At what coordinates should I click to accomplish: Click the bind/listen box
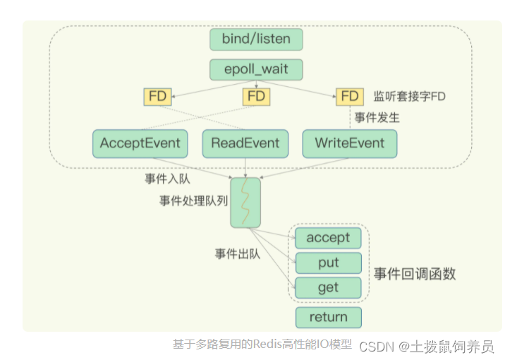click(x=256, y=39)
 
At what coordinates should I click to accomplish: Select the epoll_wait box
click(x=256, y=70)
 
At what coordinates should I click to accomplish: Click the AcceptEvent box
click(x=140, y=143)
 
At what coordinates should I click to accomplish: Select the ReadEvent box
click(x=245, y=143)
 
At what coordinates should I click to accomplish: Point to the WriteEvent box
click(x=349, y=143)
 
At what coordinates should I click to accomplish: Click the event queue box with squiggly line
click(x=245, y=203)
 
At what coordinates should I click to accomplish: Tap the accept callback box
click(x=328, y=238)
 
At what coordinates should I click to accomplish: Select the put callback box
click(x=328, y=263)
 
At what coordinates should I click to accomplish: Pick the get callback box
click(x=328, y=287)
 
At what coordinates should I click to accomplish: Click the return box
click(x=328, y=317)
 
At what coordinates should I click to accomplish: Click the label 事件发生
click(x=377, y=117)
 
